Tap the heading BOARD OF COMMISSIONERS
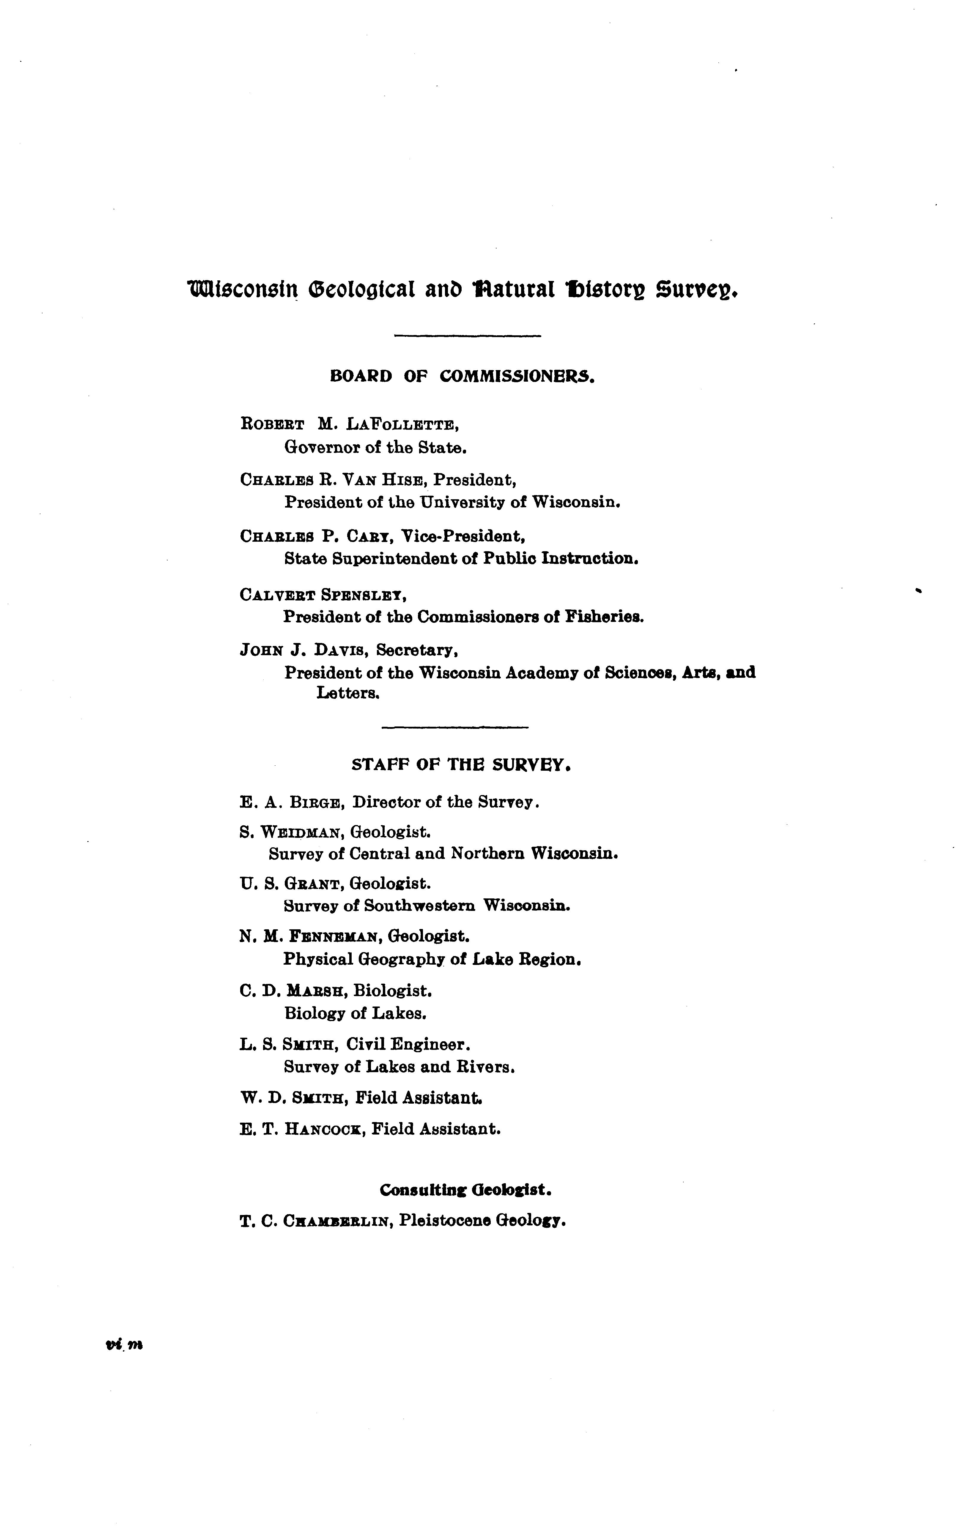pyautogui.click(x=463, y=376)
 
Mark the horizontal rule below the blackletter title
pyautogui.click(x=468, y=336)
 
